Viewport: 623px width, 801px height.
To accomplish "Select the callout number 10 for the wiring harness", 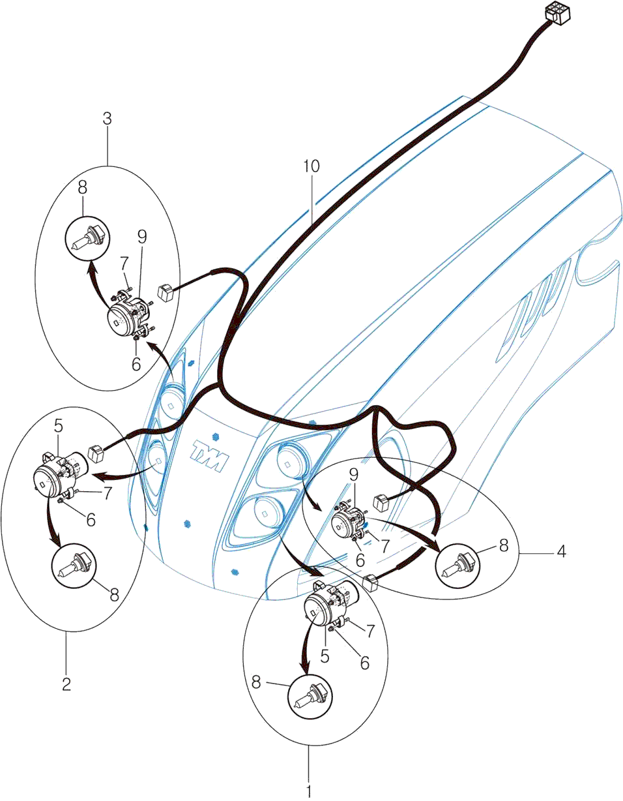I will tap(311, 166).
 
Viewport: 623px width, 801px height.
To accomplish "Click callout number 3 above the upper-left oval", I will tap(108, 119).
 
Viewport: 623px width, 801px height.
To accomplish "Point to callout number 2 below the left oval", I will tap(66, 684).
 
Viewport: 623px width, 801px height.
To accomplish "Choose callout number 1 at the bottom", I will tap(309, 791).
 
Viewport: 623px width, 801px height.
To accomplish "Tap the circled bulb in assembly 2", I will tap(74, 565).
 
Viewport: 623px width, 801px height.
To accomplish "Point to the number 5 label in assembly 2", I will tap(59, 427).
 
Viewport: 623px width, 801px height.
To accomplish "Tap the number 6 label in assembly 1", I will tap(364, 663).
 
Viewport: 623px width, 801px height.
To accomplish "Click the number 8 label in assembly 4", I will tap(503, 545).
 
